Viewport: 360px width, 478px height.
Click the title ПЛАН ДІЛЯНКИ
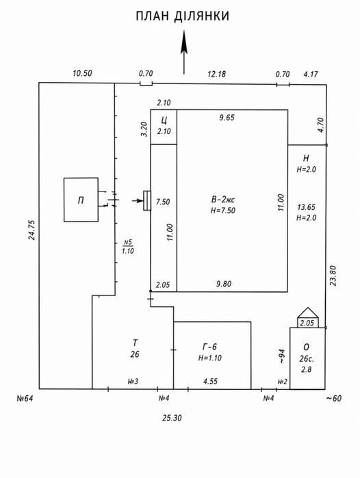(182, 16)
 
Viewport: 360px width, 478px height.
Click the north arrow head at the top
(183, 42)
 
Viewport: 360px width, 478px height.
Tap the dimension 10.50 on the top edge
(82, 73)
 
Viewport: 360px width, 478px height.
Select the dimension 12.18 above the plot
(216, 74)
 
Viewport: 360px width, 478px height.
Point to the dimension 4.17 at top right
(311, 74)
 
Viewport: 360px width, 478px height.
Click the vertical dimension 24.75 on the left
(31, 230)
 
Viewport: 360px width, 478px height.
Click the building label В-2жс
(223, 200)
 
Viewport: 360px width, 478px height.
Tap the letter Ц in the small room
(164, 120)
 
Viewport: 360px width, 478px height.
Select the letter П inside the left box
(81, 200)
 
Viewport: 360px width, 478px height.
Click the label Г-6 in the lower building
(209, 347)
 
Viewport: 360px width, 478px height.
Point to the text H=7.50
(223, 211)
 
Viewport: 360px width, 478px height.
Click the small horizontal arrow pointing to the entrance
(138, 200)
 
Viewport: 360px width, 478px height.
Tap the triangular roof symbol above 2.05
(308, 313)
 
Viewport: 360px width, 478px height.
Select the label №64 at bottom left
(25, 398)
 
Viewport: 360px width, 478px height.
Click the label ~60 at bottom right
(334, 398)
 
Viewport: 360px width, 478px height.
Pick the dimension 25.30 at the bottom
(172, 418)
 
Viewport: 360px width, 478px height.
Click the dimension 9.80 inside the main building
(224, 284)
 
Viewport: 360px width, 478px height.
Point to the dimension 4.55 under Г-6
(211, 381)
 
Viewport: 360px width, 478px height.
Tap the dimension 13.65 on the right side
(307, 207)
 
